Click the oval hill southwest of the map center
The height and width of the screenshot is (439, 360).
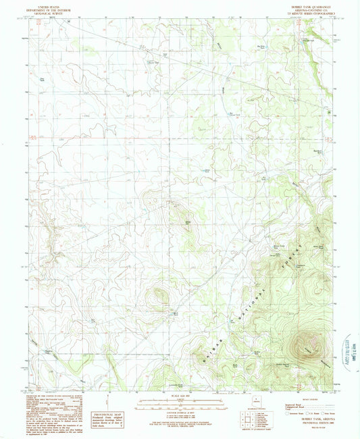click(x=161, y=294)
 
